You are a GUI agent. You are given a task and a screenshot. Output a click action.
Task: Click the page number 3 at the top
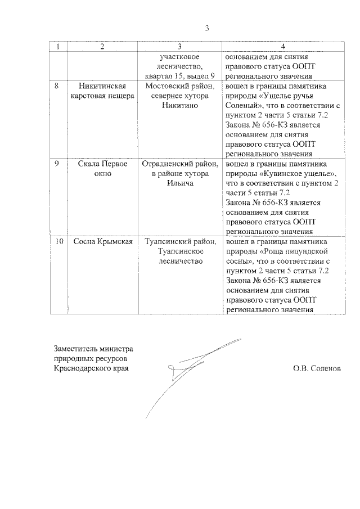(x=207, y=29)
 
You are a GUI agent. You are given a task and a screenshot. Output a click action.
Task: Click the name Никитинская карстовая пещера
(x=102, y=91)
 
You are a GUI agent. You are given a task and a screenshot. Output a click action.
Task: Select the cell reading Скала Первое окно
(x=102, y=169)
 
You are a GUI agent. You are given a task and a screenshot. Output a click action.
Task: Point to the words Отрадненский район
(x=180, y=164)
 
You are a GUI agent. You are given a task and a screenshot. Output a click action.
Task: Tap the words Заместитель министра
(x=94, y=348)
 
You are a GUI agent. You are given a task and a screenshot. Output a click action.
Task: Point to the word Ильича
(x=180, y=183)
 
